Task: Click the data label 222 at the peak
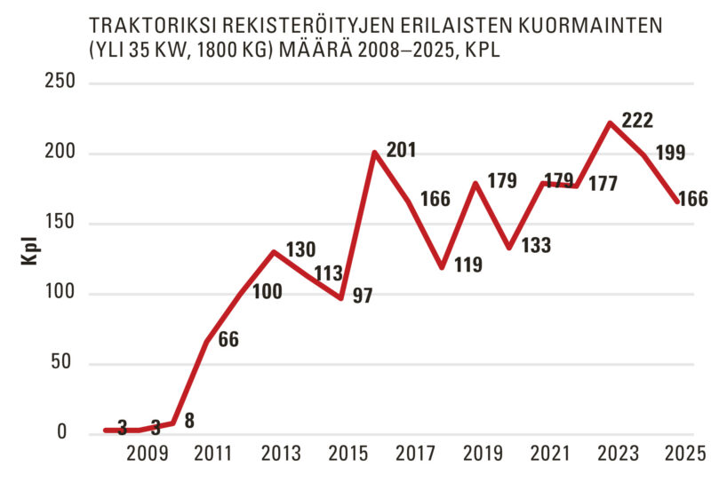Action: point(638,119)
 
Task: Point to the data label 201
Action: point(400,152)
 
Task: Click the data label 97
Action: point(363,296)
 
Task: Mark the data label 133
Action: point(535,246)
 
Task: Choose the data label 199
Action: point(669,153)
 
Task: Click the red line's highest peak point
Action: point(609,123)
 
